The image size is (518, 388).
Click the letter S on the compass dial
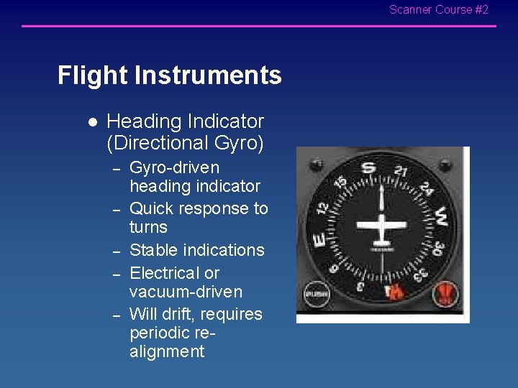click(368, 168)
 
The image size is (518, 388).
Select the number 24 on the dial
click(426, 189)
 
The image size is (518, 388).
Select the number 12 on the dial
click(324, 208)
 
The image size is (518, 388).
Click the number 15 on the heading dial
click(341, 184)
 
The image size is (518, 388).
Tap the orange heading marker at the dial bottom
click(394, 292)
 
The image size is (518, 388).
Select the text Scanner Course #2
click(438, 10)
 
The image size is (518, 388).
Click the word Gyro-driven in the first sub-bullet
click(174, 167)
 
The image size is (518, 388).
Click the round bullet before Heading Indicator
click(91, 122)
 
